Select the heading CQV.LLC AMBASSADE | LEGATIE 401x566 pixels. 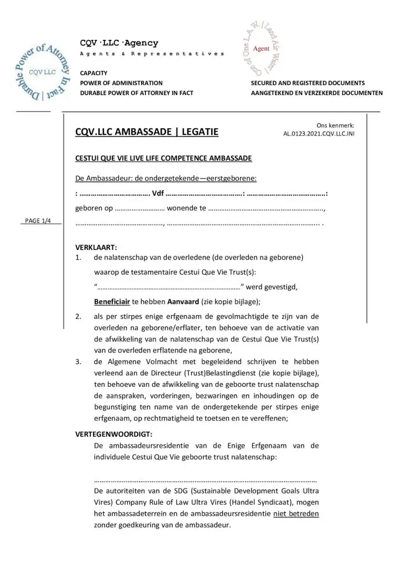point(147,132)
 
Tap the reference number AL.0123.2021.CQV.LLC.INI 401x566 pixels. point(319,134)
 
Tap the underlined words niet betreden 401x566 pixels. point(296,513)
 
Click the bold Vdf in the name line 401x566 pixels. point(158,195)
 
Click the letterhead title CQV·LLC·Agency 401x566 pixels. point(119,43)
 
